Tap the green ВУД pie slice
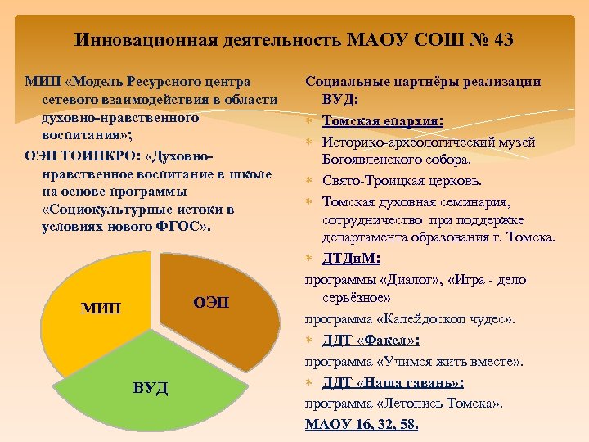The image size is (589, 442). (155, 385)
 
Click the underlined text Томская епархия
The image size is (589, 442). (381, 121)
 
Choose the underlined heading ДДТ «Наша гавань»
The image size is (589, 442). (393, 382)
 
